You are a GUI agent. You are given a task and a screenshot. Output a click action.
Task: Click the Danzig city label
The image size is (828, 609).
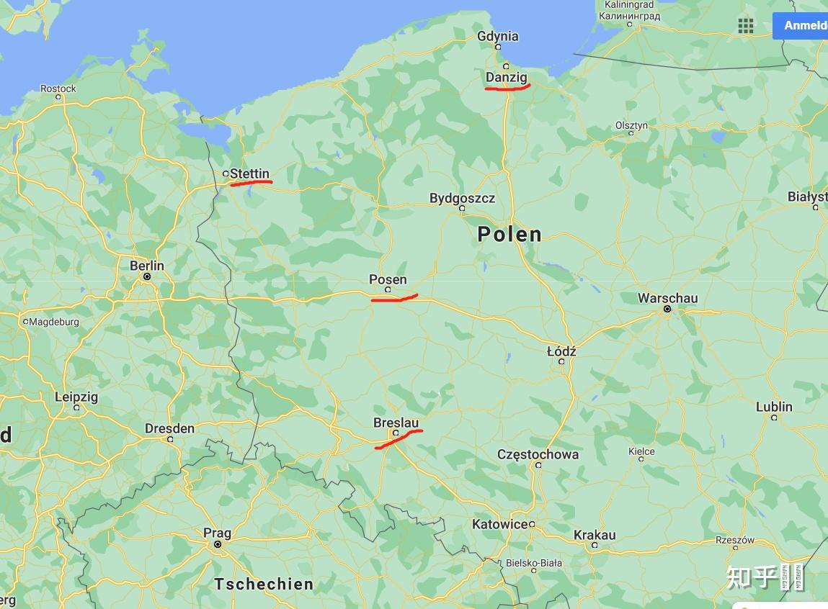pyautogui.click(x=507, y=77)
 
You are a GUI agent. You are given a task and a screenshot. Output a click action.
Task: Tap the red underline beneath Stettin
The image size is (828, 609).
pyautogui.click(x=251, y=182)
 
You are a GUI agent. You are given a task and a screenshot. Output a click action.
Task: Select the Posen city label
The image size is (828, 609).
pyautogui.click(x=388, y=279)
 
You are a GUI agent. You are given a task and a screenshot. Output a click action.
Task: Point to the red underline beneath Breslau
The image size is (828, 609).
pyautogui.click(x=398, y=437)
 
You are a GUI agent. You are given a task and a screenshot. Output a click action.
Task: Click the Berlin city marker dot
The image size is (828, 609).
pyautogui.click(x=147, y=276)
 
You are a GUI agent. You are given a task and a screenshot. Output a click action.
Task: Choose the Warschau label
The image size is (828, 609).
pyautogui.click(x=667, y=298)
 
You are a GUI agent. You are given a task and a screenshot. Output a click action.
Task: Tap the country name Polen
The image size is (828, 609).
pyautogui.click(x=509, y=234)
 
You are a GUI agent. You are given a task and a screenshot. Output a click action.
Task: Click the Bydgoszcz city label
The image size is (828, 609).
pyautogui.click(x=462, y=198)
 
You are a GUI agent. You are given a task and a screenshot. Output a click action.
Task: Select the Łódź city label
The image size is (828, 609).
pyautogui.click(x=561, y=351)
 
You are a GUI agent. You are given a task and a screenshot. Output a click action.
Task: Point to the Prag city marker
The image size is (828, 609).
pyautogui.click(x=218, y=544)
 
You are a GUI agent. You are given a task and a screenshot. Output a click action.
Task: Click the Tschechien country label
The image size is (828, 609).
pyautogui.click(x=264, y=584)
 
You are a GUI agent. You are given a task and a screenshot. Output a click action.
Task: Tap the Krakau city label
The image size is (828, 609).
pyautogui.click(x=595, y=535)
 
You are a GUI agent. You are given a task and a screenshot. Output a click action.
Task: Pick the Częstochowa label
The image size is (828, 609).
pyautogui.click(x=538, y=454)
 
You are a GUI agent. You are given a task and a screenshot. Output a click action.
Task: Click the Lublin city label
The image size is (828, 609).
pyautogui.click(x=774, y=407)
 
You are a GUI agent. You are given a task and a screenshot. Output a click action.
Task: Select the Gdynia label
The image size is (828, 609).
pyautogui.click(x=497, y=36)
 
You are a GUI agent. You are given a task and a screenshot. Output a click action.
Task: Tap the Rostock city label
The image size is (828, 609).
pyautogui.click(x=58, y=89)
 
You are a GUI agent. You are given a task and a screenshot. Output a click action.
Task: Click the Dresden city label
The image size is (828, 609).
pyautogui.click(x=169, y=428)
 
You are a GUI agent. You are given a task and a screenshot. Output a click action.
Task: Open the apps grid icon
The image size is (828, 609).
pyautogui.click(x=746, y=26)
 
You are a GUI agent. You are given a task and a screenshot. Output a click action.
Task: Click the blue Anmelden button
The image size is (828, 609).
pyautogui.click(x=803, y=26)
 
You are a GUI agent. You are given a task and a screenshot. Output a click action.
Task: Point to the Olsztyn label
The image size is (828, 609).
pyautogui.click(x=631, y=125)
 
